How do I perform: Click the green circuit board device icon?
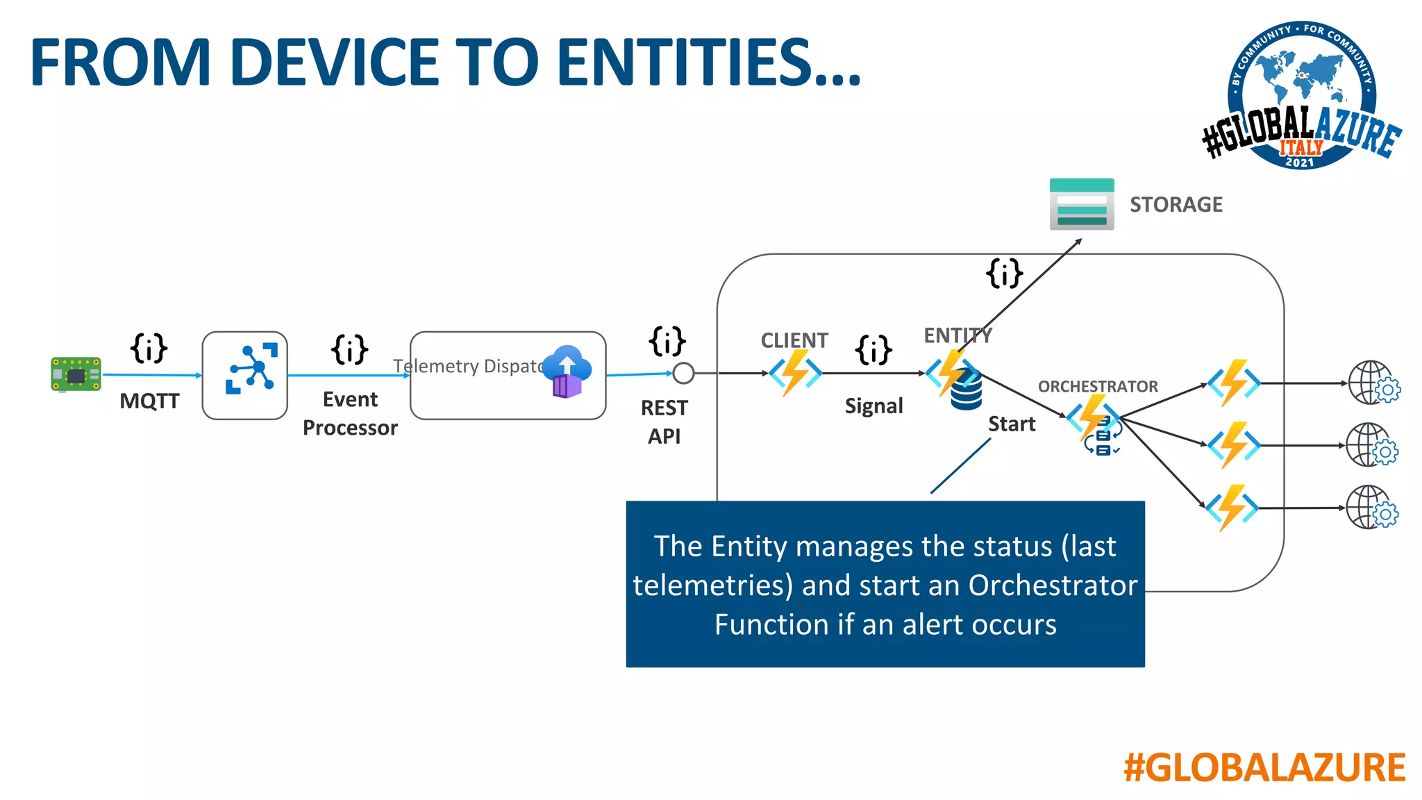tap(76, 374)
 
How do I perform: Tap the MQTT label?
tap(149, 401)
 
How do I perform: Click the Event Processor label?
tap(350, 413)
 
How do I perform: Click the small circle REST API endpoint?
tap(683, 373)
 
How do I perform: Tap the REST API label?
tap(664, 422)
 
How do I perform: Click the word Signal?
tap(873, 406)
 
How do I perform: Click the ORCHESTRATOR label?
tap(1098, 386)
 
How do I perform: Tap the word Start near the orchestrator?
tap(1011, 424)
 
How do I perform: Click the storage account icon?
tap(1081, 204)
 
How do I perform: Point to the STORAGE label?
tap(1176, 204)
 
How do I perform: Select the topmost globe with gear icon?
tap(1373, 383)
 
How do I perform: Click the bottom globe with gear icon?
tap(1371, 508)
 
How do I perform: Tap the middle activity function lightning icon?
tap(1233, 444)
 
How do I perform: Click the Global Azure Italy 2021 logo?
tap(1301, 96)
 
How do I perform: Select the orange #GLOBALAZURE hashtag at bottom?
tap(1264, 767)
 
